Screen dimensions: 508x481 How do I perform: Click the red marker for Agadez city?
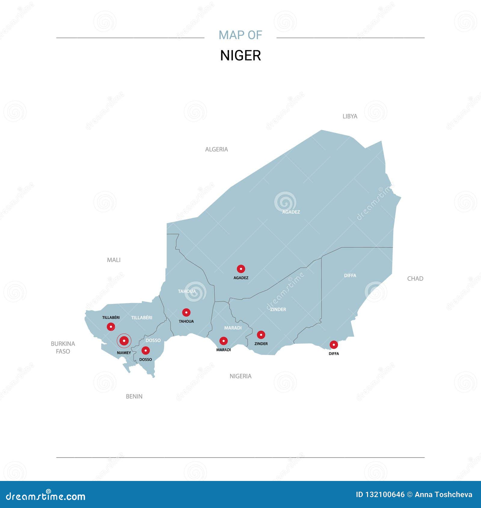click(x=241, y=269)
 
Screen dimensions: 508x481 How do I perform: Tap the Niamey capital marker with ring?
click(x=124, y=341)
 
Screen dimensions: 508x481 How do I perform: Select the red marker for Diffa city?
click(x=334, y=345)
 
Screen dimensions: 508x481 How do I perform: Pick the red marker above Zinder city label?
click(x=261, y=335)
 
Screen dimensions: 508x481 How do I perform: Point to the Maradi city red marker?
click(x=223, y=341)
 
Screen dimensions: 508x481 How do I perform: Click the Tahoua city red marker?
click(x=186, y=313)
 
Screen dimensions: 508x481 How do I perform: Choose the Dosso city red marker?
click(x=146, y=350)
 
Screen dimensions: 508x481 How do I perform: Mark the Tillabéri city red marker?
click(x=111, y=326)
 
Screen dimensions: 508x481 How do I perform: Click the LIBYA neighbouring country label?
click(x=350, y=116)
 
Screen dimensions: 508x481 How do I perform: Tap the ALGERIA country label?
click(x=216, y=149)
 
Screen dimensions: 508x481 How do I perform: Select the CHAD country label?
click(x=415, y=279)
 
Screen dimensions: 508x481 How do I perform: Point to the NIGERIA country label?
click(x=240, y=376)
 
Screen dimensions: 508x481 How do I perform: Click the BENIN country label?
click(x=134, y=396)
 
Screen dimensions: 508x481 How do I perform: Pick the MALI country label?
click(x=114, y=260)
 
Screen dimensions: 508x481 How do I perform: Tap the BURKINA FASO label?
click(x=63, y=347)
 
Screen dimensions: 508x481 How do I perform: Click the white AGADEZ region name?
click(x=291, y=212)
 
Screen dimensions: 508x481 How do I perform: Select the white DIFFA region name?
click(x=350, y=275)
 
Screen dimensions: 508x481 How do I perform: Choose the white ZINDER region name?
click(x=278, y=309)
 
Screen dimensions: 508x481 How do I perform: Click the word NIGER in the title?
click(x=240, y=56)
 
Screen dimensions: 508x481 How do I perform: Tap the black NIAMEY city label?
click(x=124, y=353)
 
